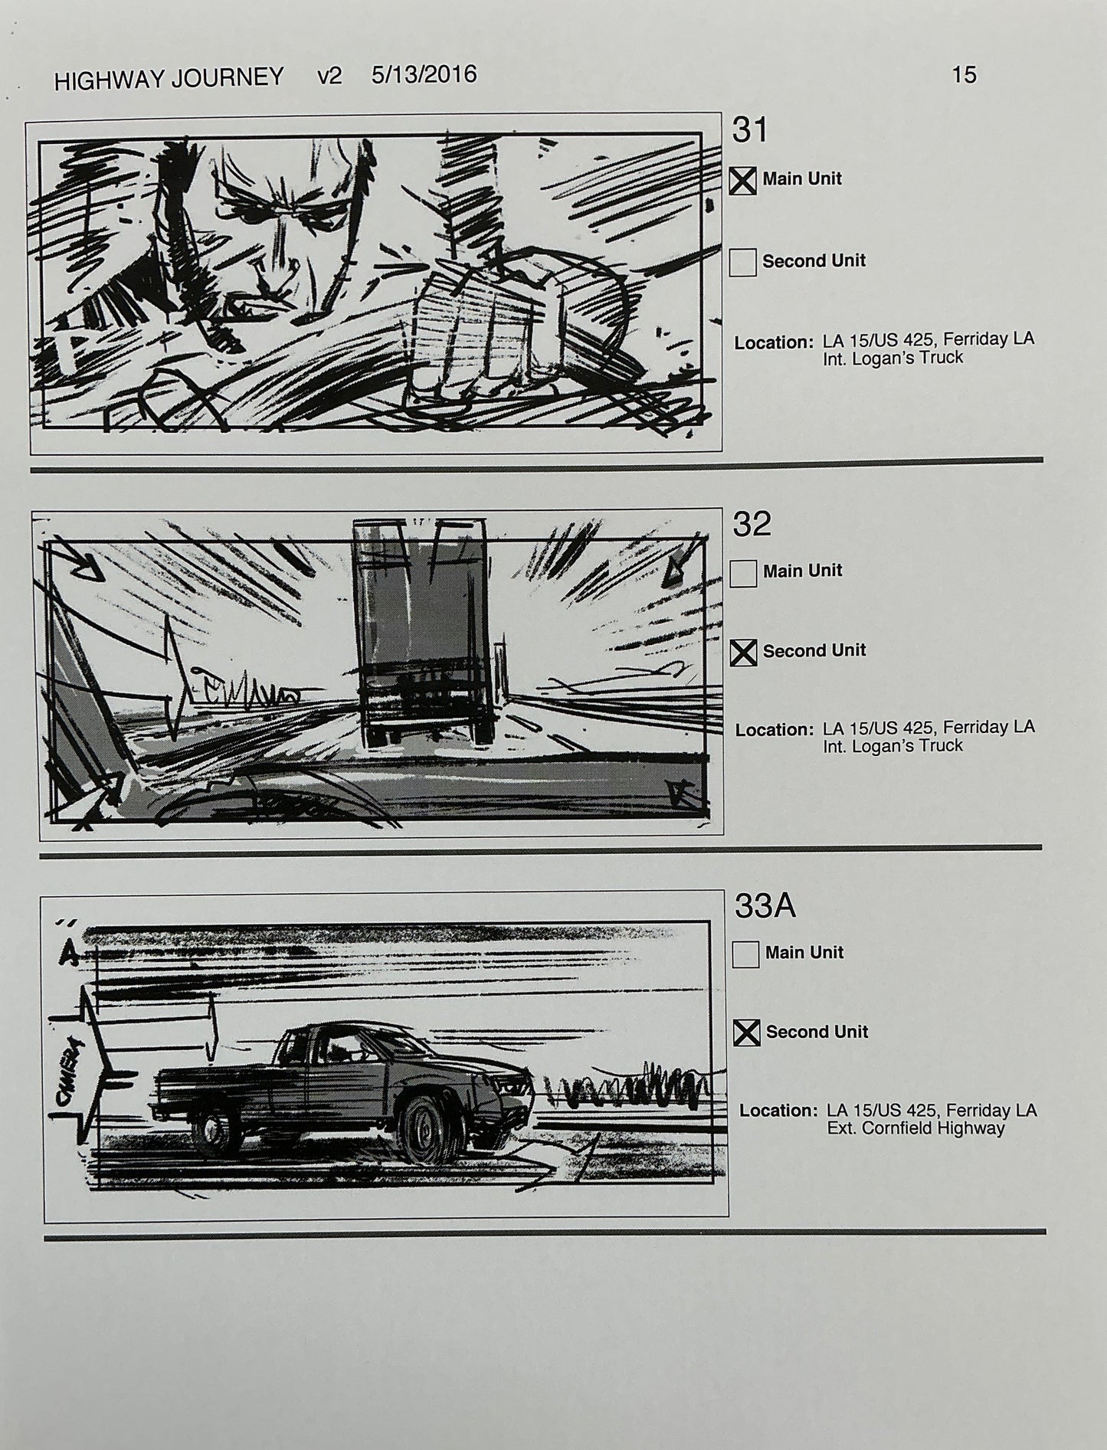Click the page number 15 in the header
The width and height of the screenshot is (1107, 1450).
coord(964,75)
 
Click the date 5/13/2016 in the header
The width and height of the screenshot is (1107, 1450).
coord(424,75)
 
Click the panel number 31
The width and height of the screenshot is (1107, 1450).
coord(749,131)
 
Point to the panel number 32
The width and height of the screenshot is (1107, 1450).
coord(752,525)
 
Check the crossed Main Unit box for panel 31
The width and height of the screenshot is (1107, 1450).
coord(742,181)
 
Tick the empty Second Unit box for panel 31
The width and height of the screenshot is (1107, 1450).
coord(742,262)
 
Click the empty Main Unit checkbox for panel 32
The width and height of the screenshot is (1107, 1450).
coord(743,573)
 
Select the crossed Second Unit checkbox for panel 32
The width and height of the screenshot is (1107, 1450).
coord(743,653)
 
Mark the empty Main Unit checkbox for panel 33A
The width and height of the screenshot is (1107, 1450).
coord(745,954)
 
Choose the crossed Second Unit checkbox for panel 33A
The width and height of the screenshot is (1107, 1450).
coord(746,1033)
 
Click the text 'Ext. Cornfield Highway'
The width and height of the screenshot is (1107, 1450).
coord(915,1128)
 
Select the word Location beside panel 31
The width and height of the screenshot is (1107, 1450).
coord(773,343)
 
